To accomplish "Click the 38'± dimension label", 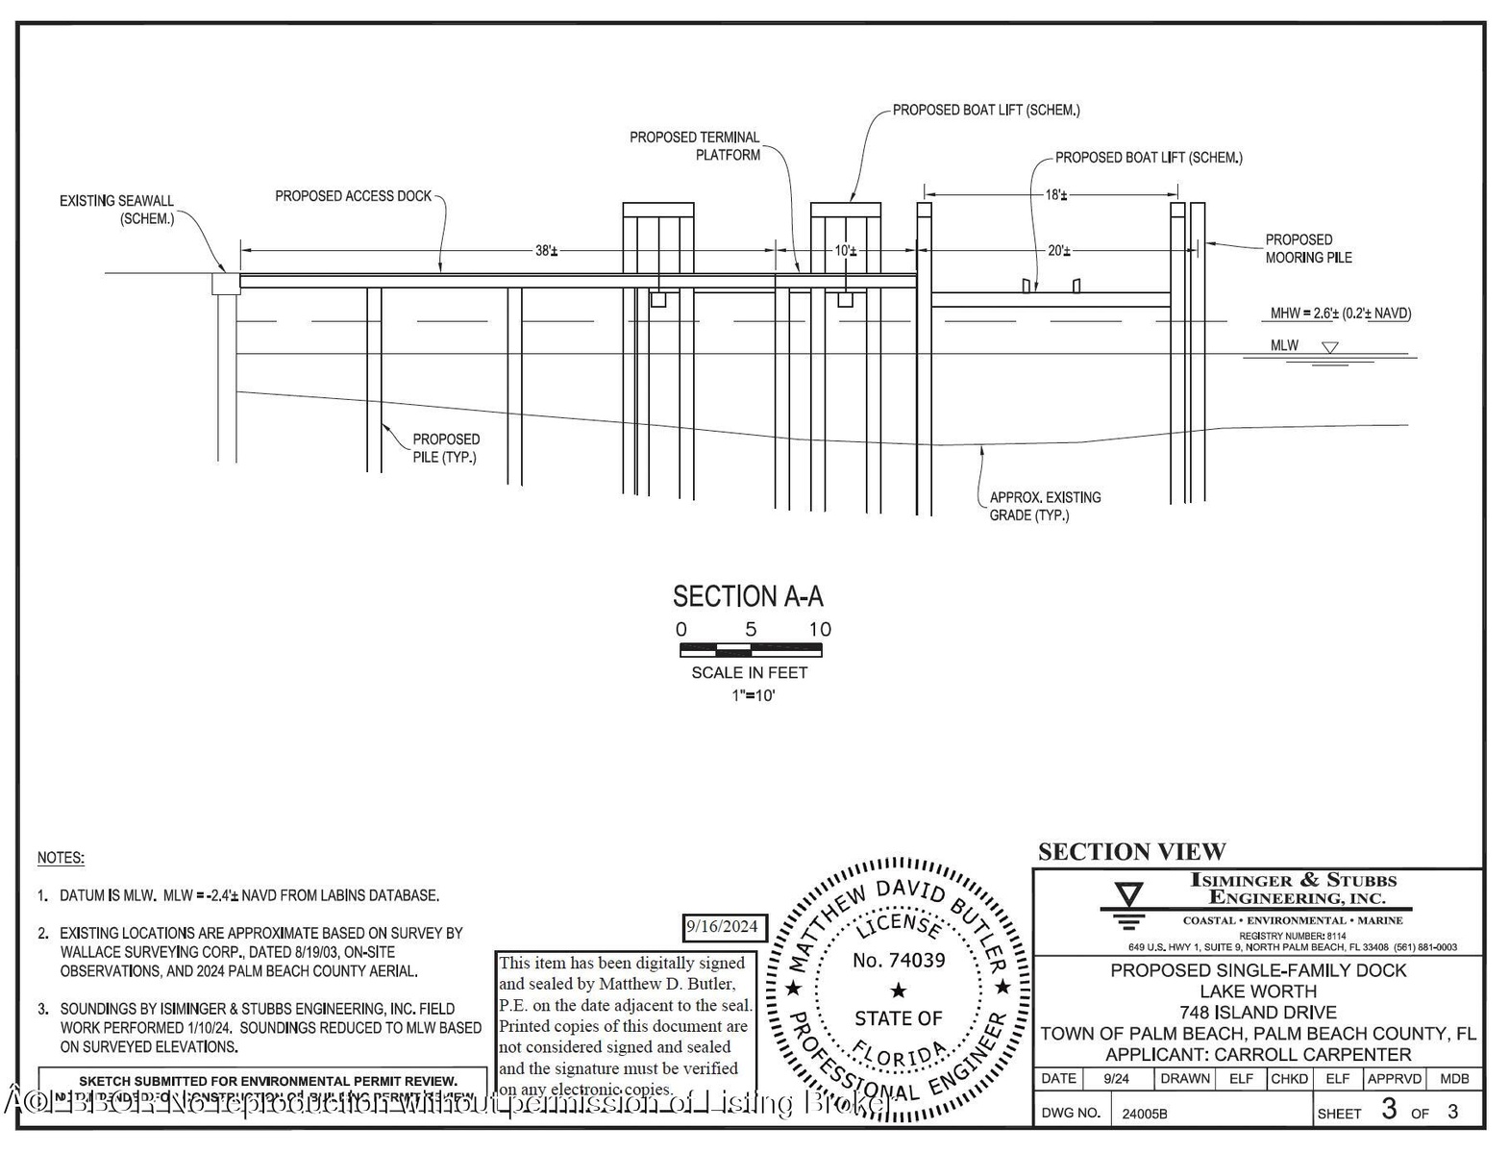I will pos(546,251).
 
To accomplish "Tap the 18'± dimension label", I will pos(1055,195).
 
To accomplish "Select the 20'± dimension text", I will pos(1057,251).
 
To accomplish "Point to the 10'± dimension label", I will pos(845,251).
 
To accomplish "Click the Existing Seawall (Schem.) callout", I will pos(117,210).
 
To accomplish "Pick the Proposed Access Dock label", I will pos(354,196).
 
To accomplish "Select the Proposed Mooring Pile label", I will pos(1307,248).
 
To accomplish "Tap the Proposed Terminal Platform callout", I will pos(695,146).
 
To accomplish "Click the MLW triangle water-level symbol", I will pos(1329,347).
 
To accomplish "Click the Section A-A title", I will pos(748,596).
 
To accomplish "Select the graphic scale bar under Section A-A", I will pos(751,650).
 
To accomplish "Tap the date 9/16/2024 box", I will pos(722,927).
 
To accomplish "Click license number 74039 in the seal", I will pos(899,960).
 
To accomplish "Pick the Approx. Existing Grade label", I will pos(1045,506).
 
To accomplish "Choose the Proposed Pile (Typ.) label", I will pos(446,448).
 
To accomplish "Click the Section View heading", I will pos(1131,852).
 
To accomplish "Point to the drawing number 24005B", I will pos(1144,1114).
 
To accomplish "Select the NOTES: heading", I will pos(61,858).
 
